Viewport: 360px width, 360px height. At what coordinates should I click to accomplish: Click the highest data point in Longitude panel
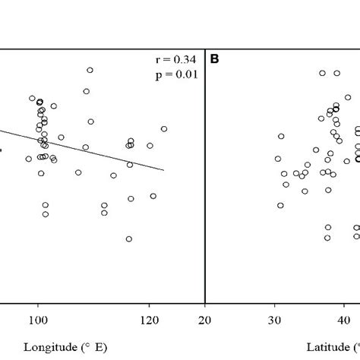point(90,70)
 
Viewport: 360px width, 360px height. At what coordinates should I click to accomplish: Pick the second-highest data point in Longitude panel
point(87,91)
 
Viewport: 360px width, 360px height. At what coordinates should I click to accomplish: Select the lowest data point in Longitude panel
point(128,238)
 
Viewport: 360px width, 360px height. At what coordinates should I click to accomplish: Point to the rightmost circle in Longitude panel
point(164,128)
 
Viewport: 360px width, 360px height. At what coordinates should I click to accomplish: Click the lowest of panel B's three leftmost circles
point(280,205)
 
